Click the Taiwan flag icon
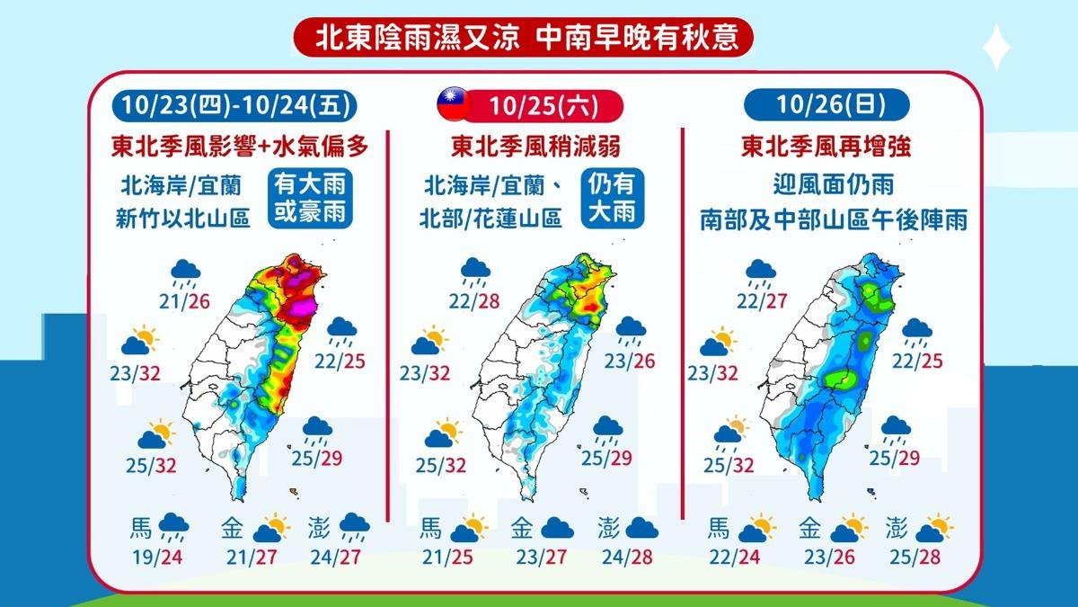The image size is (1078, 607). (x=453, y=105)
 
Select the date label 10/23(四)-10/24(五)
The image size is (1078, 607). (x=236, y=105)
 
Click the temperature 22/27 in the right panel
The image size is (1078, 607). (x=760, y=299)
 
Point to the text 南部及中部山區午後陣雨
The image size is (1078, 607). (x=834, y=220)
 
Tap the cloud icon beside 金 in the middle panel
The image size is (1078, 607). (x=557, y=527)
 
